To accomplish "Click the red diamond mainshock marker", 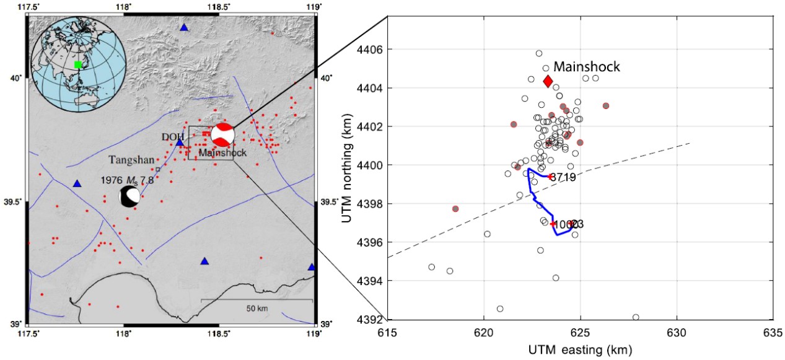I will [x=548, y=81].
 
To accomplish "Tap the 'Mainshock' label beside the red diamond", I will [x=586, y=67].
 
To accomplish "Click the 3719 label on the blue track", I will [x=563, y=177].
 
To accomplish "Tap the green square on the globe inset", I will [x=77, y=64].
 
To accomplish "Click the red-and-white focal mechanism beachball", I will [x=223, y=134].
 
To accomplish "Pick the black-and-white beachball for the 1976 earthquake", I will [x=130, y=198].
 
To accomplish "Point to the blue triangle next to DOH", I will [x=180, y=143].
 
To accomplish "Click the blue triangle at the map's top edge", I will [x=183, y=27].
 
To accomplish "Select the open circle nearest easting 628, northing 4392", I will [x=636, y=317].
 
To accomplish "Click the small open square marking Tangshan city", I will [x=158, y=169].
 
